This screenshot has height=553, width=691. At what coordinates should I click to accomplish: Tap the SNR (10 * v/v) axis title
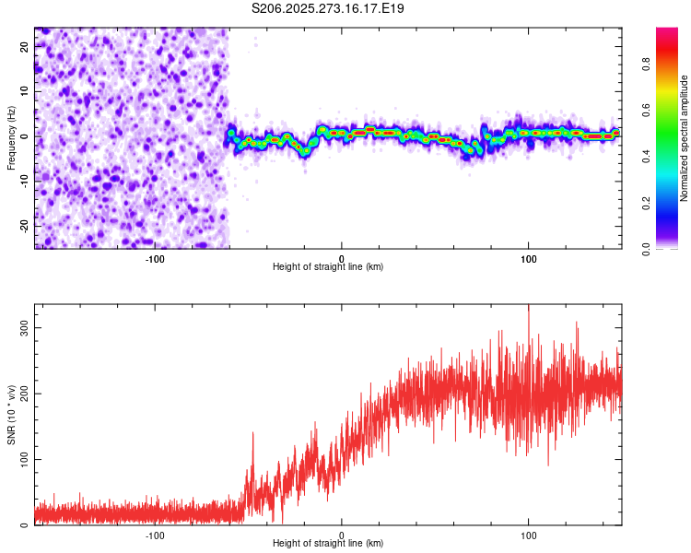[11, 415]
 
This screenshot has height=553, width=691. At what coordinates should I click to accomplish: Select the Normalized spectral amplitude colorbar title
[685, 138]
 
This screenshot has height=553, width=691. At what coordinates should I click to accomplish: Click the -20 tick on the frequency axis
[25, 224]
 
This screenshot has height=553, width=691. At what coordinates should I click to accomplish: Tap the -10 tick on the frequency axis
[25, 180]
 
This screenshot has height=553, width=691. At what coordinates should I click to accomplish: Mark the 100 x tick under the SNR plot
[528, 535]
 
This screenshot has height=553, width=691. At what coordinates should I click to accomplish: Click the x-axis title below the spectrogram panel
[328, 267]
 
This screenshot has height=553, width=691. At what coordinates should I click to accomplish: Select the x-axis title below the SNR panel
[328, 545]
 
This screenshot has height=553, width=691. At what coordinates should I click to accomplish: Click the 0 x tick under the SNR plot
[342, 535]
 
